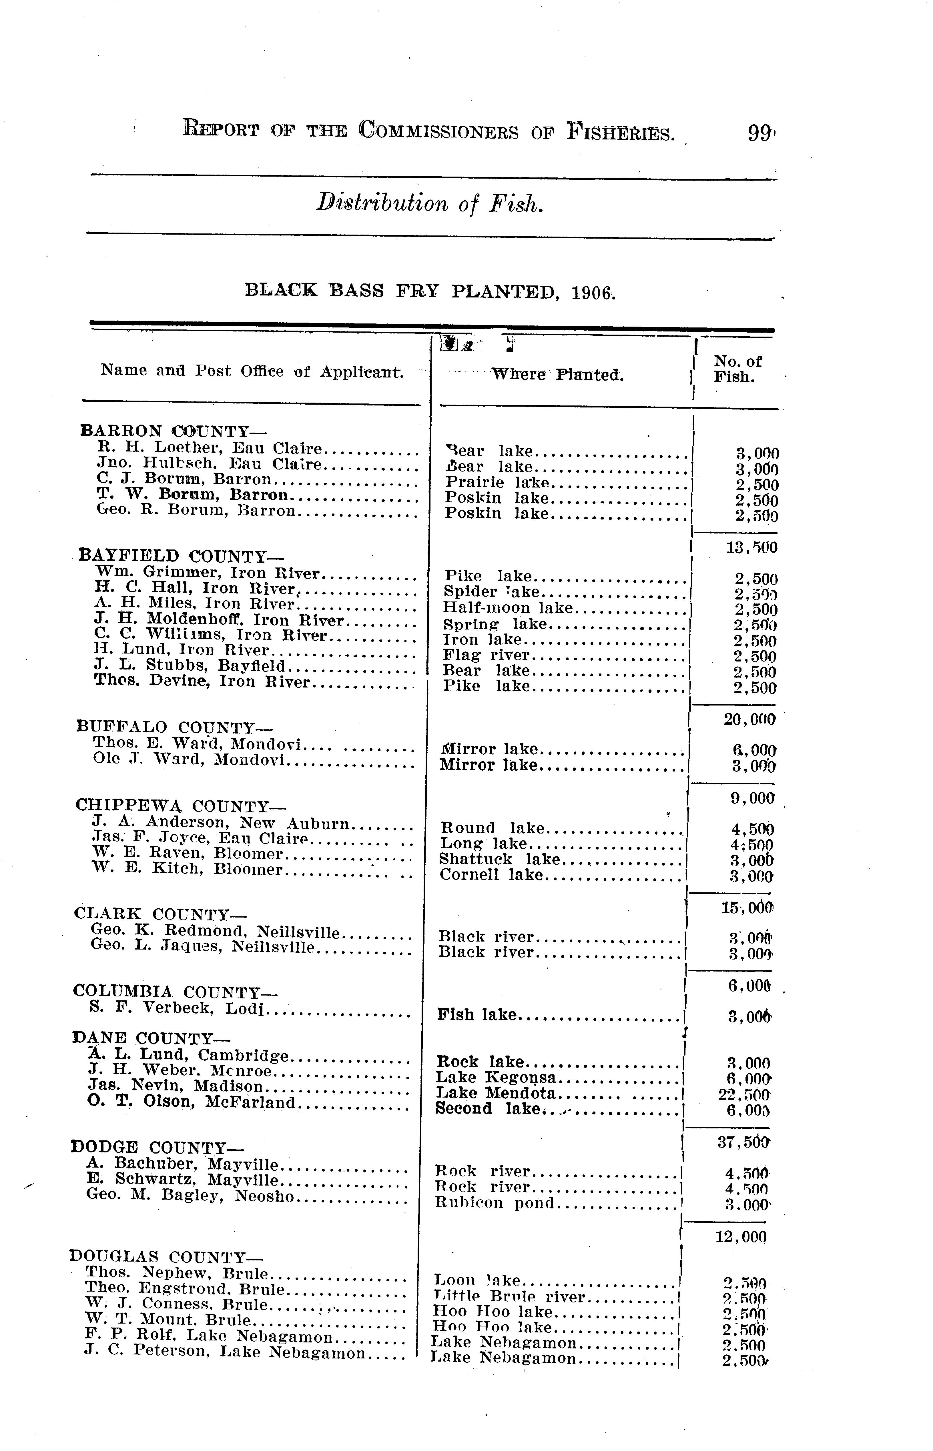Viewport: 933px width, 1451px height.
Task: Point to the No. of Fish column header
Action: click(737, 369)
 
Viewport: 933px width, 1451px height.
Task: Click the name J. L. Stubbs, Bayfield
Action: click(190, 666)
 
